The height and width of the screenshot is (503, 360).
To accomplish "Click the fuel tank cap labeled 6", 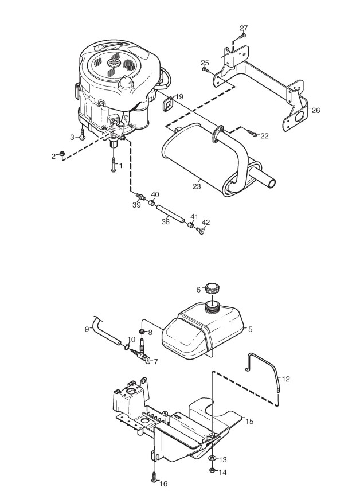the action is point(212,288).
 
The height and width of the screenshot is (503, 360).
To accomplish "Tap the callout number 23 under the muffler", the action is point(197,186).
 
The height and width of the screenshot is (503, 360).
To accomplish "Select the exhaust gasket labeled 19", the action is point(167,105).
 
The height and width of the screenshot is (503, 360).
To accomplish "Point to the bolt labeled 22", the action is point(252,133).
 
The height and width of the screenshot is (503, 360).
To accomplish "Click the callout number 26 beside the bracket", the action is point(315,110).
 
